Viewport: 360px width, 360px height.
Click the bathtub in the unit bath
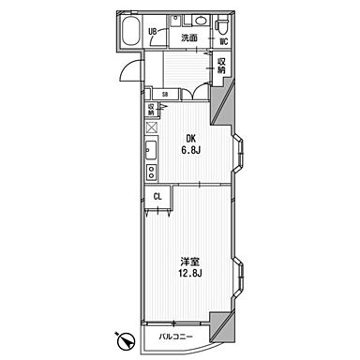(130, 31)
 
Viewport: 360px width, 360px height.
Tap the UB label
(153, 31)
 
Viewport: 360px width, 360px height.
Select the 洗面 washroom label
(189, 38)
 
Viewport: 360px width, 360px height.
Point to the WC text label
(224, 41)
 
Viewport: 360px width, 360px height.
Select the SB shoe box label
(165, 94)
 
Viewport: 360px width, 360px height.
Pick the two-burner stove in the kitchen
(152, 172)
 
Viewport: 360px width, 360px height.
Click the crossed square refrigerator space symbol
(152, 127)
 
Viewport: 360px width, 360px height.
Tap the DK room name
(191, 138)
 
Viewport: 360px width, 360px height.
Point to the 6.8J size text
(191, 150)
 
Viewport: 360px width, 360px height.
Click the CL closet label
(157, 197)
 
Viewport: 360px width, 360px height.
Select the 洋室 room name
(190, 262)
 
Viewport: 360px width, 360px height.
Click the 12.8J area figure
(190, 274)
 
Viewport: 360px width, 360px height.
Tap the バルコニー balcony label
(175, 337)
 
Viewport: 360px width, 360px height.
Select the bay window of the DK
(237, 153)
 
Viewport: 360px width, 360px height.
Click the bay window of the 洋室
(237, 277)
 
